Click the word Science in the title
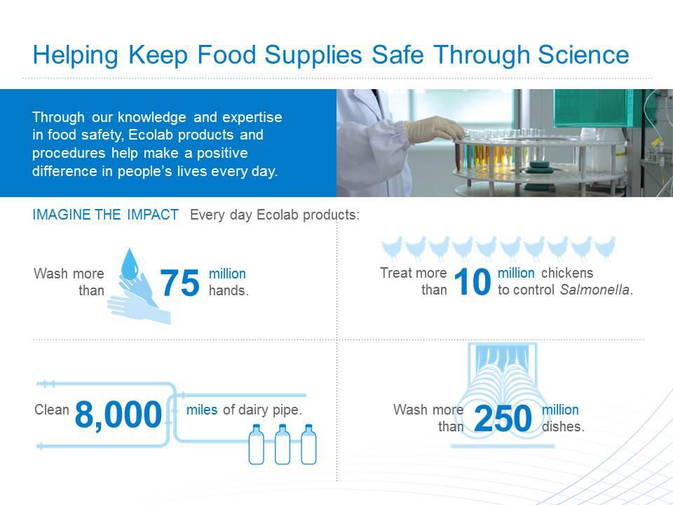(583, 55)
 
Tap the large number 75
(179, 283)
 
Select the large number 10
(472, 282)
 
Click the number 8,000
(118, 415)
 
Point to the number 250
(503, 418)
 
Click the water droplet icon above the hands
(130, 264)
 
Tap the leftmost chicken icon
(392, 248)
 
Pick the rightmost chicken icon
(604, 248)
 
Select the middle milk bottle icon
(283, 445)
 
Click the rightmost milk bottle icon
(308, 445)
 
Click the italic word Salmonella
(595, 290)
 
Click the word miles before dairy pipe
(202, 410)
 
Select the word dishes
(563, 426)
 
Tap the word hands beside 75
(229, 290)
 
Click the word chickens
(567, 273)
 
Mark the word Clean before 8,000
(51, 410)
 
